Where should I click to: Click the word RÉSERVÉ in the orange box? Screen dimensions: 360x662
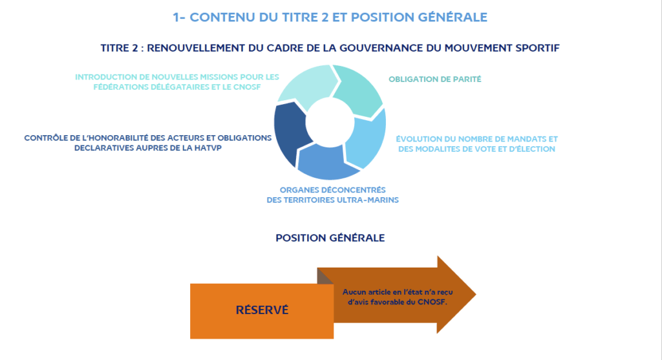pyautogui.click(x=262, y=310)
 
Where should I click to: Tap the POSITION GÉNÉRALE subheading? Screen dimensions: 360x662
pyautogui.click(x=330, y=238)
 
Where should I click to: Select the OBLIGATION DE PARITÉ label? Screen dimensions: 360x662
pyautogui.click(x=435, y=79)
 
